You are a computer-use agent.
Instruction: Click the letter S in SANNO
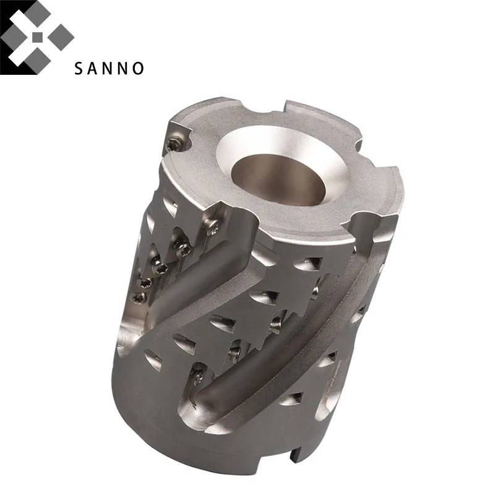79,68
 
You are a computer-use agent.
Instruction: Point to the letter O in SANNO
138,68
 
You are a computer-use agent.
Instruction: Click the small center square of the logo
37,37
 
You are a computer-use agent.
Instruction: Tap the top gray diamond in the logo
38,13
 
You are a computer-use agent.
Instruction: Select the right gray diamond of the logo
61,37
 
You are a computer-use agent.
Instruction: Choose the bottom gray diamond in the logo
38,61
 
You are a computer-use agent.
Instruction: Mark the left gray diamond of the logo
13,37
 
